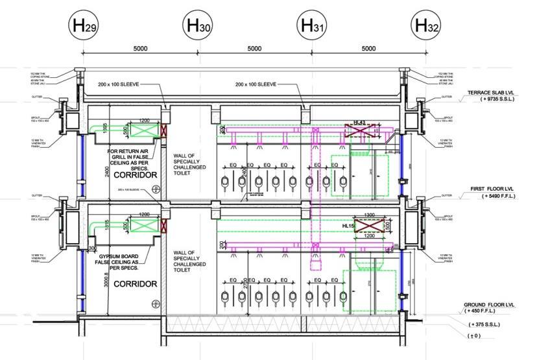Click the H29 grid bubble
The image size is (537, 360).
(84, 27)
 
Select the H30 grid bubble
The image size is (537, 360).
(198, 27)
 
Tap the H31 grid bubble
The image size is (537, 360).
(312, 27)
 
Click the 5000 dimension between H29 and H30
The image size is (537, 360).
(141, 49)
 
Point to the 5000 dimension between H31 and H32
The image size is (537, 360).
(368, 49)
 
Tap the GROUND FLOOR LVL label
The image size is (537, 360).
(490, 304)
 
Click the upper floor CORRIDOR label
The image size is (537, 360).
(136, 176)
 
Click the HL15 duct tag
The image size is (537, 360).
(349, 226)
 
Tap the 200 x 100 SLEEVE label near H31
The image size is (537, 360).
(256, 84)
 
